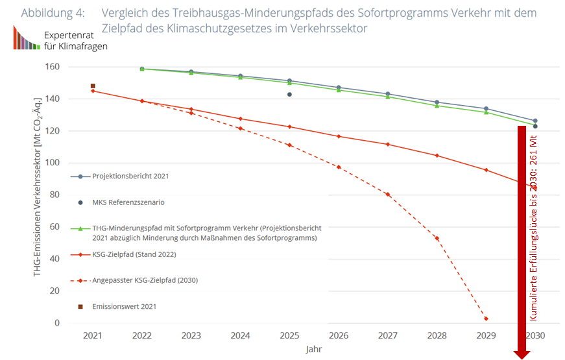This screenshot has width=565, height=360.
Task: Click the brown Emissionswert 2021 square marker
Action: coord(93,86)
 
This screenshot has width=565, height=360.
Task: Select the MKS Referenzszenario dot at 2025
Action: coord(289,95)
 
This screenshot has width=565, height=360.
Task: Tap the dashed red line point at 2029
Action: coord(486,318)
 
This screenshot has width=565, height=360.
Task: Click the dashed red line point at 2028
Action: coord(437,238)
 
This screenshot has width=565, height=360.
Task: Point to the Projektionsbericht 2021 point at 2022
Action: coord(142,69)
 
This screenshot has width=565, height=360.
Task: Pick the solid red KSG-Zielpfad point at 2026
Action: coord(339,136)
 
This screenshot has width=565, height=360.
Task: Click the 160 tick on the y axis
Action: coord(53,67)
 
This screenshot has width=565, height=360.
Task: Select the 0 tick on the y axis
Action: coord(57,322)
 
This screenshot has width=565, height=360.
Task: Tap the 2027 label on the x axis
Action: coord(387,335)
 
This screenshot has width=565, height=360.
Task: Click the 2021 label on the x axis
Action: coord(93,335)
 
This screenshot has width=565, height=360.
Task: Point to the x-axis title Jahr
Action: coord(315,349)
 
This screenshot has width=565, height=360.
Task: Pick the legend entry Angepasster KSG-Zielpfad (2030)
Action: coord(145,280)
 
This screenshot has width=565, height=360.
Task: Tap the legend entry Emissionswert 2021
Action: coord(124,306)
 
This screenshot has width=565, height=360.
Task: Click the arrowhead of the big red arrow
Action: coord(522,354)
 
